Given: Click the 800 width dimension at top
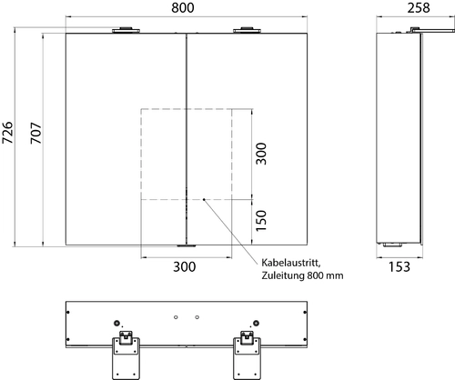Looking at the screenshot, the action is pyautogui.click(x=183, y=7).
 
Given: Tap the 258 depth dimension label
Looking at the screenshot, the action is pyautogui.click(x=419, y=7).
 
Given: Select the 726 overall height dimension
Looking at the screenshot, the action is pyautogui.click(x=7, y=133).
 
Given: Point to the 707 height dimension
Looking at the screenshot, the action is pyautogui.click(x=36, y=133).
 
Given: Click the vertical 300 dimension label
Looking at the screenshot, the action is pyautogui.click(x=261, y=154).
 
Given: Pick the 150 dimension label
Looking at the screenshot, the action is pyautogui.click(x=261, y=221).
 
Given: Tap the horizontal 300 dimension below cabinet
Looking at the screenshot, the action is pyautogui.click(x=185, y=267).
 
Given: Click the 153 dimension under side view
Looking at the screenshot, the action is pyautogui.click(x=399, y=267).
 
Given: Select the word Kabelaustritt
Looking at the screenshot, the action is pyautogui.click(x=291, y=263).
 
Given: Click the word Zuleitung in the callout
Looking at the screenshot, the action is pyautogui.click(x=283, y=275).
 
